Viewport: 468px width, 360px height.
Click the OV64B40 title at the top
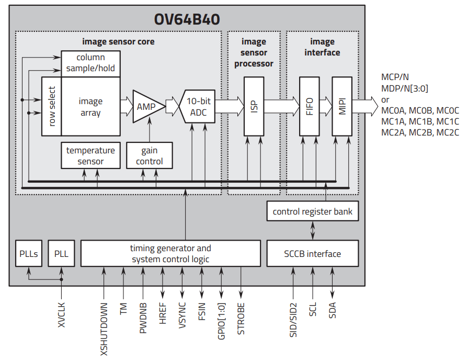[187, 19]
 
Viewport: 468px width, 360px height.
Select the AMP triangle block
[147, 106]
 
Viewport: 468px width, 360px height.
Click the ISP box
[254, 106]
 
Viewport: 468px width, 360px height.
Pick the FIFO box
[309, 106]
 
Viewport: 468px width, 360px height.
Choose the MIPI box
[342, 106]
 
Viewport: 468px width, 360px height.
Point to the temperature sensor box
[90, 156]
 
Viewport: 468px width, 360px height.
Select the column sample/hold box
[90, 63]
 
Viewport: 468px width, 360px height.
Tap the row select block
[52, 106]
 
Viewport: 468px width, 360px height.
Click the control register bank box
[312, 211]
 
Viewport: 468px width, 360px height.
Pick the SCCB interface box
[312, 254]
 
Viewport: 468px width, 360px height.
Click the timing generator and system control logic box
[171, 254]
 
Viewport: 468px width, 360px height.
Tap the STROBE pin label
[241, 319]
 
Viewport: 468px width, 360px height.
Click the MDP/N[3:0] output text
[404, 88]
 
